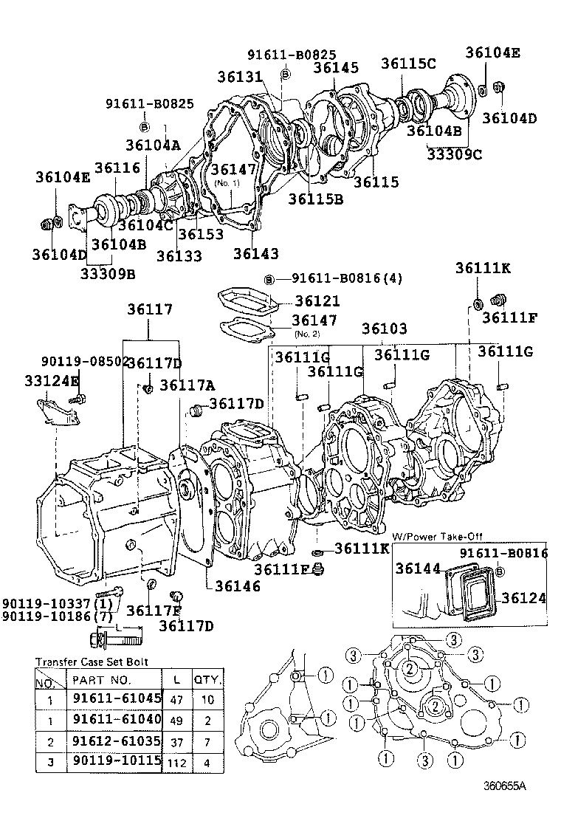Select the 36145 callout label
pyautogui.click(x=336, y=68)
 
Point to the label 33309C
pyautogui.click(x=455, y=154)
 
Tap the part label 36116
pyautogui.click(x=117, y=169)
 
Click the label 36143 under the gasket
pyautogui.click(x=256, y=254)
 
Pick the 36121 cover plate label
pyautogui.click(x=317, y=301)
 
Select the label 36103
pyautogui.click(x=384, y=328)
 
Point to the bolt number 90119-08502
pyautogui.click(x=83, y=361)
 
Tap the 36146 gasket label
pyautogui.click(x=238, y=585)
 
